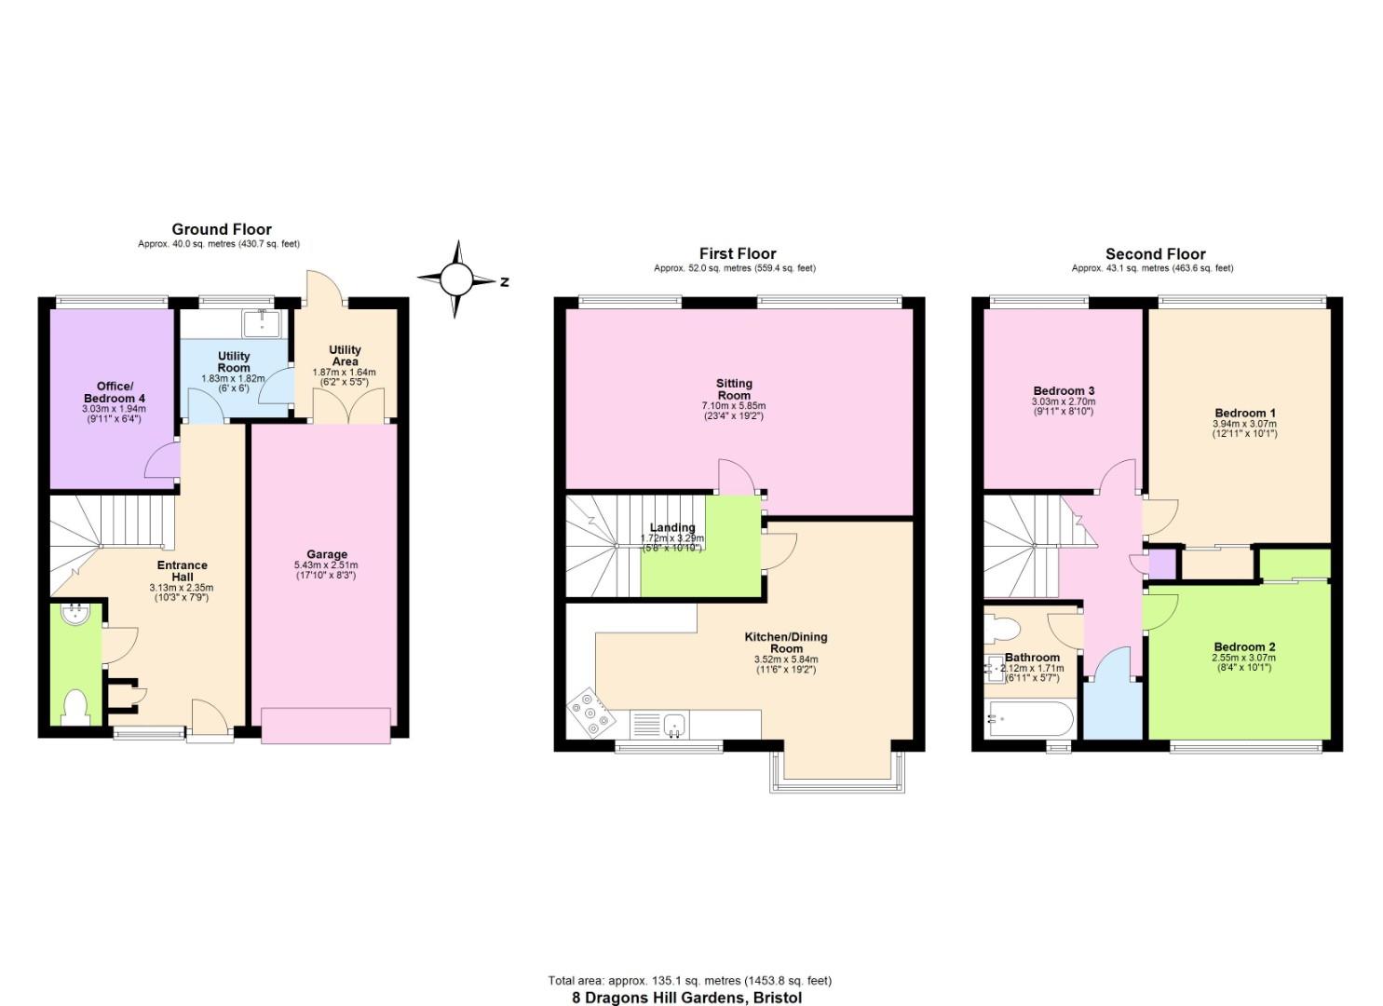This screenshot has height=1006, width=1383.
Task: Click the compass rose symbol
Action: [456, 279]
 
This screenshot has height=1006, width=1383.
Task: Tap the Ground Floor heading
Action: [222, 229]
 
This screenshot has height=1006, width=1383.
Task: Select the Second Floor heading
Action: [1155, 253]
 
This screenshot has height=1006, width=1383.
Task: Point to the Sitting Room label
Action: [734, 389]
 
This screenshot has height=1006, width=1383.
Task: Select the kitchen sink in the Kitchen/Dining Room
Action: [671, 724]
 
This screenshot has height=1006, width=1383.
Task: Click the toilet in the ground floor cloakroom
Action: [75, 708]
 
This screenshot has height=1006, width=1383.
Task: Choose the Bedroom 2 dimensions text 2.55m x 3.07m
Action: [1244, 658]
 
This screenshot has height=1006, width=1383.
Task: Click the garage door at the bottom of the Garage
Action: [326, 726]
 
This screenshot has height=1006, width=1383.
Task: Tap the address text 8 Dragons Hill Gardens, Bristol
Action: [686, 998]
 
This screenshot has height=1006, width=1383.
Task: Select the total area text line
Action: [689, 980]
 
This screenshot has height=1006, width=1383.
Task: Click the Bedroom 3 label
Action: [1064, 390]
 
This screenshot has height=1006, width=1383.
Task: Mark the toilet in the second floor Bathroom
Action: [1002, 632]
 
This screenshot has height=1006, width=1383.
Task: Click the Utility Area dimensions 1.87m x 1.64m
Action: [344, 372]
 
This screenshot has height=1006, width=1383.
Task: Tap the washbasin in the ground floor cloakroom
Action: [74, 615]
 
